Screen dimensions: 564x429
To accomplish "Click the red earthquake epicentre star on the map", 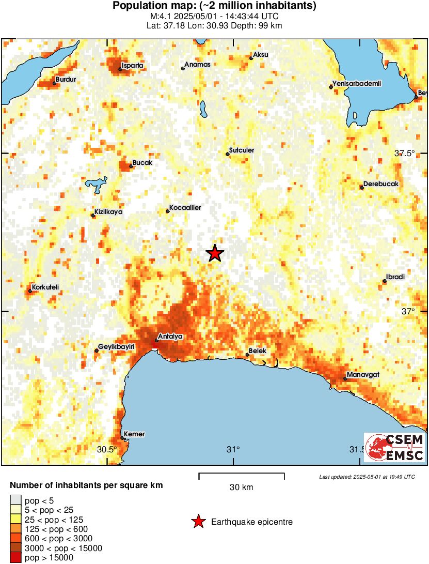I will (x=215, y=253).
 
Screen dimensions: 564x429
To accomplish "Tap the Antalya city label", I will (x=170, y=336).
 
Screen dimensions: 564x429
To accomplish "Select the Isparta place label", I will (x=132, y=66).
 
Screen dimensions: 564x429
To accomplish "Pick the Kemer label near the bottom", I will (x=134, y=434).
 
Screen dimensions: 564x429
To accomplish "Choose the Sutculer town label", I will (x=242, y=150).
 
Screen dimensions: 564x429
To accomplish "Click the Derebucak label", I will (x=381, y=184).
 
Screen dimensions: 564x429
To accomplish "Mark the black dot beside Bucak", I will (x=131, y=166).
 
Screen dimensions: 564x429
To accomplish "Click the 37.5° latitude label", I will (x=405, y=153).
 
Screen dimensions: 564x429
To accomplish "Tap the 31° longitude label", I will (x=233, y=449).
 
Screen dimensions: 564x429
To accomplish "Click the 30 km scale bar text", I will (x=241, y=487).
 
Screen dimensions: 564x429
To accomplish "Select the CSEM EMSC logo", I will (x=395, y=447).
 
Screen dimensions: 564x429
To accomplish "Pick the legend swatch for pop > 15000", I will (x=17, y=557).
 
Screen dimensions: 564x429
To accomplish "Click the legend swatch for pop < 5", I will (x=17, y=500).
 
